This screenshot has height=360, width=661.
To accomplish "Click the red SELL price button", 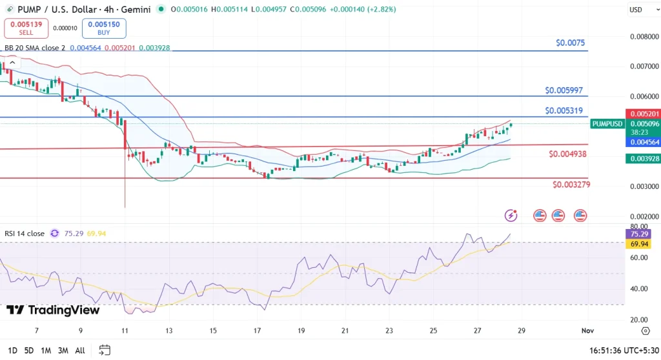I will point(26,28).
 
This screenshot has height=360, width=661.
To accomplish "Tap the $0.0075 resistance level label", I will point(570,43).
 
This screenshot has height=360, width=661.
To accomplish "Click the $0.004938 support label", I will point(569,154).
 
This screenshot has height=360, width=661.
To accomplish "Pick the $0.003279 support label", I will point(571,185).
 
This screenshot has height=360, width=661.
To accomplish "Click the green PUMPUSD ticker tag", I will point(607,124).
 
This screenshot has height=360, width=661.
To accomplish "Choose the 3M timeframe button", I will point(63,350).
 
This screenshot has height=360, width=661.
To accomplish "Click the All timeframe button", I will point(80,350).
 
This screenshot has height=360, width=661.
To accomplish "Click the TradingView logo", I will point(53,310).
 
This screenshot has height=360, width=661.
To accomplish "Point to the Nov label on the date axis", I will point(587,330).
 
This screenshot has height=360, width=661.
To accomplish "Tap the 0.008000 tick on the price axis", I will point(644,37).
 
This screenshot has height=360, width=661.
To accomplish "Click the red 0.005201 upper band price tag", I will point(644,114).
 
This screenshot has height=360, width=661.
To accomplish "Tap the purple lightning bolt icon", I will point(511,215).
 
